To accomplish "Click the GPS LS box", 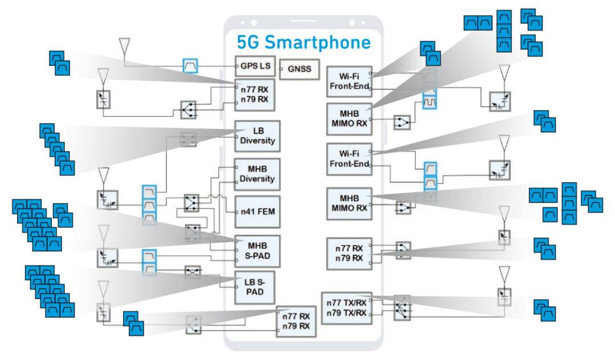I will (x=255, y=66).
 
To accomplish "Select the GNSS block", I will (x=299, y=69).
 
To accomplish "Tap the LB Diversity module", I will (x=257, y=136).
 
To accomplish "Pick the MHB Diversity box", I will (x=257, y=174).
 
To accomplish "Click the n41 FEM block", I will (x=257, y=211).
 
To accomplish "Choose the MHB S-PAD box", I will (x=257, y=251).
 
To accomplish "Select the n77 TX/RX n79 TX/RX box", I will (x=346, y=308).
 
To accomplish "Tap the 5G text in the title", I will (x=249, y=42).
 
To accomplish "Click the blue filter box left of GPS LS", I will (x=190, y=66).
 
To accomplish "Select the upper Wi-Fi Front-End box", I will (x=348, y=81).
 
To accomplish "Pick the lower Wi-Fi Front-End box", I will (x=348, y=159).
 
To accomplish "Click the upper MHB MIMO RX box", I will (x=348, y=118).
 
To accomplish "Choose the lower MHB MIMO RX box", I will (x=348, y=203).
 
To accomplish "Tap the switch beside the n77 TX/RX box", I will (x=401, y=308).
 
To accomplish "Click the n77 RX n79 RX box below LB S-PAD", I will (x=296, y=321).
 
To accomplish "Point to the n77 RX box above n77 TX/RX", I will (x=348, y=253).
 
